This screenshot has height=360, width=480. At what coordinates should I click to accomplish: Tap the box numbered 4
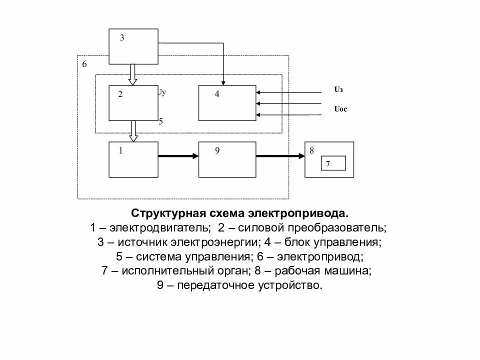227,103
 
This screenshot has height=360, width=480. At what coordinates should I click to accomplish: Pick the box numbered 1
133,159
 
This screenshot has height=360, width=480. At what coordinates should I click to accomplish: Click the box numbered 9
227,159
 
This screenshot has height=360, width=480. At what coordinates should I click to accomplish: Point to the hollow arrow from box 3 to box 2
132,74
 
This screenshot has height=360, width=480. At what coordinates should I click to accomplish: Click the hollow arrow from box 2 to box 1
132,131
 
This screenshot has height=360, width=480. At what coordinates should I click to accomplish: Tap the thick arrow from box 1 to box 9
178,156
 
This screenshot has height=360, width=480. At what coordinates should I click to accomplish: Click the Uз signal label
338,90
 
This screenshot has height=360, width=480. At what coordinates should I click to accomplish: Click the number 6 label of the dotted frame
84,64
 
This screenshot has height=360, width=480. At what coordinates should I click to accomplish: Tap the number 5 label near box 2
160,121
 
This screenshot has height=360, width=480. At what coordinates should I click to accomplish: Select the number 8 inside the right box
311,150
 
